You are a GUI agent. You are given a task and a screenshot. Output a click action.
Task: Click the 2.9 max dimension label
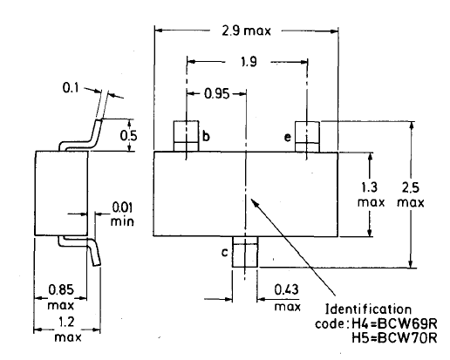246,31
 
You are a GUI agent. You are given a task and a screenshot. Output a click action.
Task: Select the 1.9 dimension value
249,62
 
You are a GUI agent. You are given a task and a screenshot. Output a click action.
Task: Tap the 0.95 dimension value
217,94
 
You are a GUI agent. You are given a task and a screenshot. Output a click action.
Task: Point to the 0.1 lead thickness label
71,87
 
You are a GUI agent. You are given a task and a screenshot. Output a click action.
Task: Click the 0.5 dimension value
128,136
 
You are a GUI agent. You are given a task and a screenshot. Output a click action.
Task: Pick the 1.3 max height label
371,194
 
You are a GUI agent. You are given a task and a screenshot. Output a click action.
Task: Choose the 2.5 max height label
411,194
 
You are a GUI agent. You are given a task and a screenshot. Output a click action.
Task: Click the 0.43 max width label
287,298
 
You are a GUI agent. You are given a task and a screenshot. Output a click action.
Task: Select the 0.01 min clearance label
122,214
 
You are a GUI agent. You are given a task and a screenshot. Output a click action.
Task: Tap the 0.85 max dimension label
61,297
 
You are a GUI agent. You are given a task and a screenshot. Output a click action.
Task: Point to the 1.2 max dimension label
68,329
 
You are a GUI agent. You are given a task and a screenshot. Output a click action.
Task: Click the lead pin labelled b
186,136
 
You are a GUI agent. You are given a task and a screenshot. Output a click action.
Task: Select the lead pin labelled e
307,137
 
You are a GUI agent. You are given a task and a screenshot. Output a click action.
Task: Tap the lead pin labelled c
245,252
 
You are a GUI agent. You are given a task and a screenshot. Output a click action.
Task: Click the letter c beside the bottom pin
225,253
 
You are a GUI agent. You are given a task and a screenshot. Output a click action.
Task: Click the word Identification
368,309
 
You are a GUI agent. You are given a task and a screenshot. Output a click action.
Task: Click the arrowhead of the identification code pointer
254,201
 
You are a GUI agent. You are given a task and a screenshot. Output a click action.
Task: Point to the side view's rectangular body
61,193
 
